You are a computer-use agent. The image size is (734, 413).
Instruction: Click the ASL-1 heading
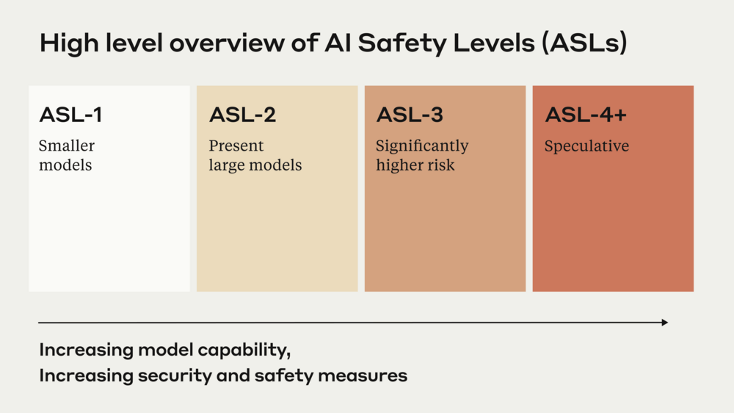(x=70, y=115)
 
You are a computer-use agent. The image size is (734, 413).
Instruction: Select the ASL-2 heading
(x=242, y=115)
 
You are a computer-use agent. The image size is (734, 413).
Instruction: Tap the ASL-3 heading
(x=410, y=115)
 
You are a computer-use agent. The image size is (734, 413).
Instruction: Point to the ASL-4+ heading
(x=585, y=115)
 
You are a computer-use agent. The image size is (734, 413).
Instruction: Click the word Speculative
(x=586, y=146)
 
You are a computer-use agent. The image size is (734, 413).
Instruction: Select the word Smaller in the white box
(x=67, y=146)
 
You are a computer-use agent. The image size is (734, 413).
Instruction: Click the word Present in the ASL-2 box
(x=236, y=146)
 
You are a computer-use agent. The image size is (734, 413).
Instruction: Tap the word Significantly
(x=422, y=146)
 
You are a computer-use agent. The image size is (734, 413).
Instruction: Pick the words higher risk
(x=415, y=165)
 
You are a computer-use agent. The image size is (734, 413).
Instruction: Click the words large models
(x=255, y=165)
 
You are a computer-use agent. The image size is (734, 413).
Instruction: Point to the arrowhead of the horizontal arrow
(x=664, y=323)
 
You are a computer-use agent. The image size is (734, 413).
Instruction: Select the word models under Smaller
(x=65, y=165)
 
